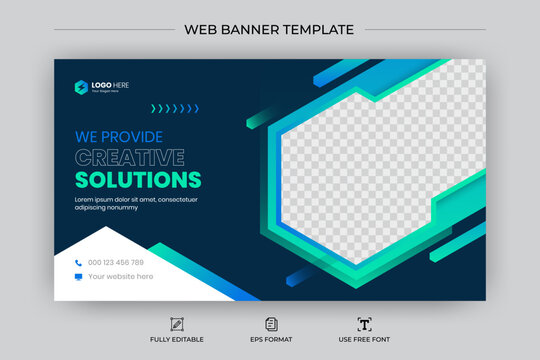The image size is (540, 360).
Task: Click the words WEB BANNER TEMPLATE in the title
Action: click(269, 29)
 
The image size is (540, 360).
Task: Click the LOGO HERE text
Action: click(111, 85)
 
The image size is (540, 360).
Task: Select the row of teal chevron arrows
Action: click(175, 108)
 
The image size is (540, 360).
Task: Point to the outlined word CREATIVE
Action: click(130, 158)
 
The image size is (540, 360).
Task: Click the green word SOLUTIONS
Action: click(138, 180)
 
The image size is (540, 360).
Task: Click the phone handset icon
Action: click(78, 263)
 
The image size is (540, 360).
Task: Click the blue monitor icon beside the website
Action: click(78, 277)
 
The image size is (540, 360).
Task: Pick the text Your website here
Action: click(121, 277)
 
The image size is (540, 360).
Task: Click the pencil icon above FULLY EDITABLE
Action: click(177, 324)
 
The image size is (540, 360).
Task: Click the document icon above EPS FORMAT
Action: click(270, 324)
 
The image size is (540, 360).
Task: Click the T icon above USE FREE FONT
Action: click(363, 324)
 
